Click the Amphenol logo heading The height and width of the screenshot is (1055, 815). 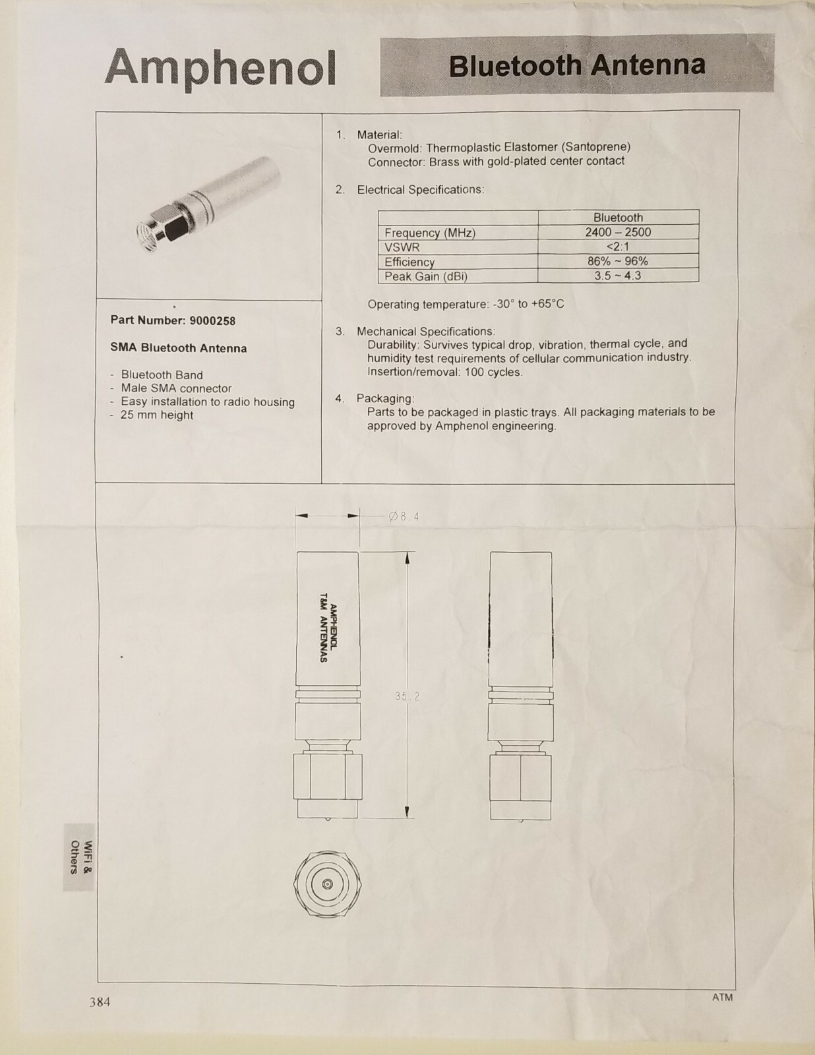click(x=220, y=67)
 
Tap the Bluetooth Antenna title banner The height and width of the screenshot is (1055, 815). click(x=577, y=66)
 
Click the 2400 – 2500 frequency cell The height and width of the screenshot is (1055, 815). click(x=618, y=232)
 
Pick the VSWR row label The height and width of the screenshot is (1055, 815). click(x=402, y=247)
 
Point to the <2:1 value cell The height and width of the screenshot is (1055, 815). click(x=618, y=247)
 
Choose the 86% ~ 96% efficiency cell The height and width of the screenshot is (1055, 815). click(x=618, y=261)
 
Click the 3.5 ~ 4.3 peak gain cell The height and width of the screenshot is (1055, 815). click(x=618, y=276)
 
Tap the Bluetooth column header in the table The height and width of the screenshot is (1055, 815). click(x=618, y=218)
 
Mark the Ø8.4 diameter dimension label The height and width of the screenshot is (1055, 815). click(x=404, y=516)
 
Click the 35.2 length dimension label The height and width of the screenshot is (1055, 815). click(x=407, y=696)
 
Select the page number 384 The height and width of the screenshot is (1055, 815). click(x=100, y=1002)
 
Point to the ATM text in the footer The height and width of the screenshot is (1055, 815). click(x=722, y=997)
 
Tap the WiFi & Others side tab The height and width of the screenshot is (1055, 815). click(x=80, y=857)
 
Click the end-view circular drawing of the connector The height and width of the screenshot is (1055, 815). click(x=328, y=884)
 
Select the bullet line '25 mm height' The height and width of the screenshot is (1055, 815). click(x=157, y=415)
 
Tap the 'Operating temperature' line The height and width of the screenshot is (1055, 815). click(x=466, y=305)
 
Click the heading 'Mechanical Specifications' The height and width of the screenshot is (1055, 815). click(x=425, y=331)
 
